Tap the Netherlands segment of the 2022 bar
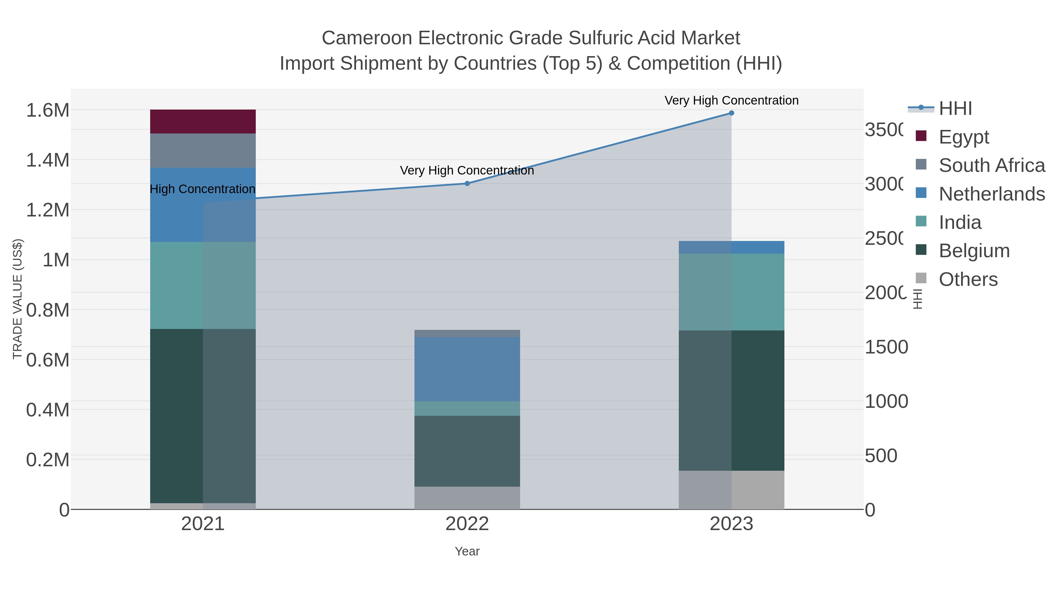(467, 369)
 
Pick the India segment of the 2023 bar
(731, 292)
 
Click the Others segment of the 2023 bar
(731, 490)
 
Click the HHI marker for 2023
(731, 113)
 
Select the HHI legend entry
(955, 109)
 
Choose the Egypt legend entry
(963, 137)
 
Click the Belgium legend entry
(974, 250)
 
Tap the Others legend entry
(968, 279)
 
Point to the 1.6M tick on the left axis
(48, 110)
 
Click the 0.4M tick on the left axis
(48, 410)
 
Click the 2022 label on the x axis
(467, 524)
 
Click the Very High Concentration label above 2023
(731, 100)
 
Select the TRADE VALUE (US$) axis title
(17, 299)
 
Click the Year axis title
(467, 551)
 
